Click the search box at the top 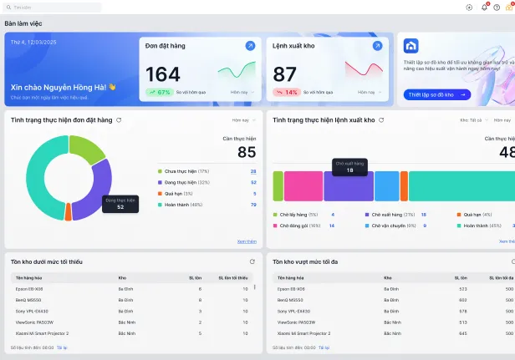click(x=52, y=8)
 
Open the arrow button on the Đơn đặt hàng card click(x=250, y=46)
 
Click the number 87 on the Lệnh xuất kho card click(x=285, y=74)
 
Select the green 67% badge click(x=159, y=92)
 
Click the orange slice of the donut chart click(x=68, y=211)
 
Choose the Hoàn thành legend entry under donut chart click(x=182, y=204)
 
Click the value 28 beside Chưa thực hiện click(x=253, y=171)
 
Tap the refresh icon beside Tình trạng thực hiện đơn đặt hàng click(x=119, y=120)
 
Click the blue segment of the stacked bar click(x=386, y=185)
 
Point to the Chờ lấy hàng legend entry click(x=293, y=215)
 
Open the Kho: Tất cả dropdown click(x=471, y=120)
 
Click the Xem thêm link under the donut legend click(x=247, y=241)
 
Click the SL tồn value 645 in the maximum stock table click(x=462, y=333)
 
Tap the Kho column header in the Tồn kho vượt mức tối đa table click(x=388, y=277)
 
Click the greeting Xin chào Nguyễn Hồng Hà click(x=63, y=86)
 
